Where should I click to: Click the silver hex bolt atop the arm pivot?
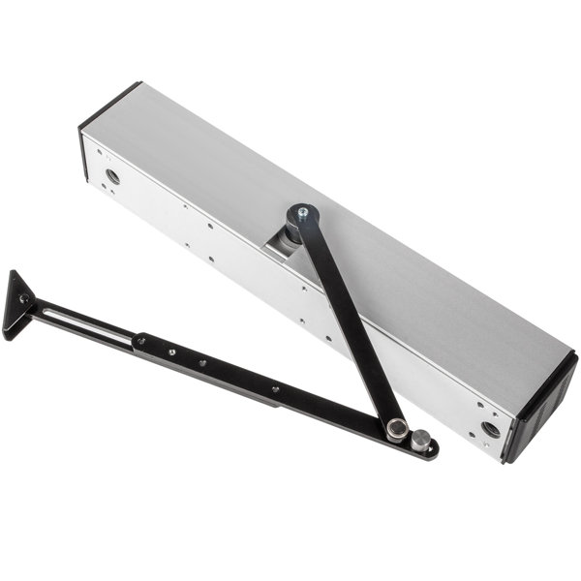[x=303, y=210]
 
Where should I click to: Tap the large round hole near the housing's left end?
[x=113, y=177]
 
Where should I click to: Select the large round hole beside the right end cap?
[x=490, y=427]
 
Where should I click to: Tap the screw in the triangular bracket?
[x=22, y=301]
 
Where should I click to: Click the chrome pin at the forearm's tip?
[x=419, y=441]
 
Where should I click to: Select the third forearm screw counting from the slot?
[x=202, y=362]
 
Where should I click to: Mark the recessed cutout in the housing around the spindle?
[x=281, y=247]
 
